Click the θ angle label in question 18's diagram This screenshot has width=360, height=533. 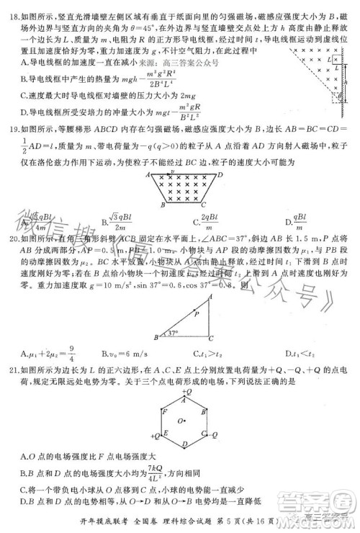coord(338,97)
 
